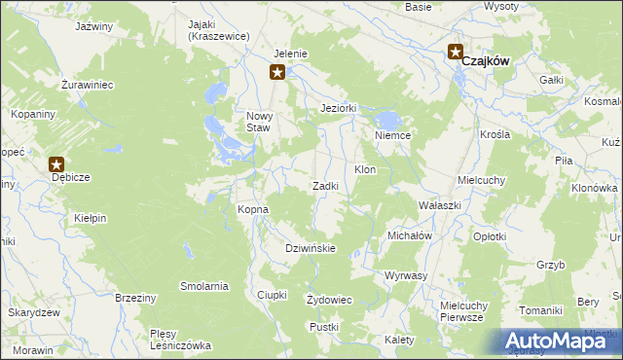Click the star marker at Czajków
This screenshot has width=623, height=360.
[455, 53]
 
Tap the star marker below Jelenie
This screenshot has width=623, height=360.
[277, 71]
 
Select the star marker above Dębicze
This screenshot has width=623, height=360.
[56, 165]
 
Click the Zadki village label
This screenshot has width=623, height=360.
[324, 186]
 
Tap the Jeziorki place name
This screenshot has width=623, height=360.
[340, 108]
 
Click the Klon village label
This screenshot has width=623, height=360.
[365, 169]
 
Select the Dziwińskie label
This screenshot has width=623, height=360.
[310, 248]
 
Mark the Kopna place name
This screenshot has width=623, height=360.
[253, 209]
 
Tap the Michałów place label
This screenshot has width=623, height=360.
[409, 235]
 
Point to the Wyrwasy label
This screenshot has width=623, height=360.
[406, 275]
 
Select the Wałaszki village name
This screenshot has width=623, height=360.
[439, 206]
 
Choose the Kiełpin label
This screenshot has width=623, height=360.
[90, 219]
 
